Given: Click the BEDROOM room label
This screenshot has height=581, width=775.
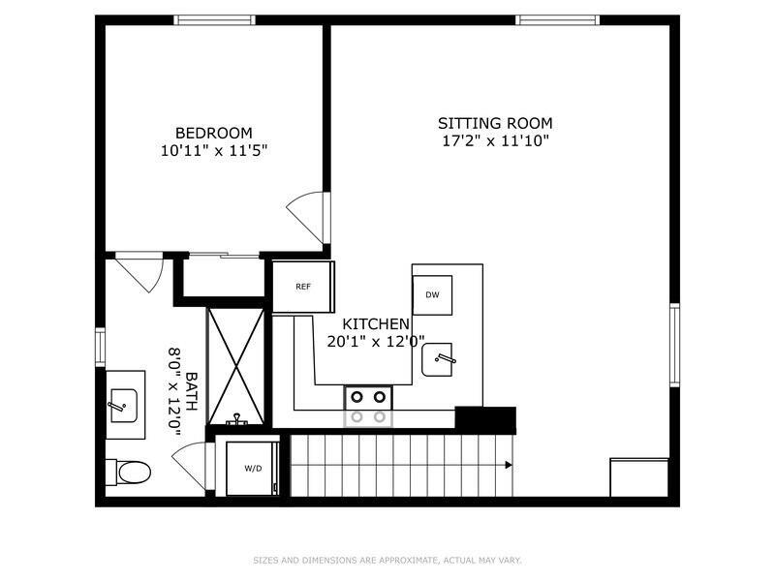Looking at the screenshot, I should (x=213, y=133).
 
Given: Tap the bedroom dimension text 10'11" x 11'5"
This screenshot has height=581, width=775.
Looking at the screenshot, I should (x=213, y=151).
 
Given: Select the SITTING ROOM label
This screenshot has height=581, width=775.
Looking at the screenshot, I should (x=495, y=123).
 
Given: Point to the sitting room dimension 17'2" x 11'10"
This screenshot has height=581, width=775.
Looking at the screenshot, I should (x=495, y=141).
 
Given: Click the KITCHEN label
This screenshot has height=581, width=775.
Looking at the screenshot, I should (x=376, y=323).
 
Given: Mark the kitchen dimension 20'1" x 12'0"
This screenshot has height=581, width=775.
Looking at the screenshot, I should (x=376, y=341).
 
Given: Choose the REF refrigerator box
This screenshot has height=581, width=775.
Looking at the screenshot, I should (x=303, y=287).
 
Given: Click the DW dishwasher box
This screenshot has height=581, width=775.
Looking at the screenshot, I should (x=432, y=294).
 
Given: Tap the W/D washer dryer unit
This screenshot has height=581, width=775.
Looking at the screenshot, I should (x=253, y=469).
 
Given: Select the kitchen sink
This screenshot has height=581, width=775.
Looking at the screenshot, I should (x=444, y=359).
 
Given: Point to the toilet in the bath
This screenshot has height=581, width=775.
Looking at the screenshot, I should (x=130, y=472).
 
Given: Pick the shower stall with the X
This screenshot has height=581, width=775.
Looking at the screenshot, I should (x=236, y=366).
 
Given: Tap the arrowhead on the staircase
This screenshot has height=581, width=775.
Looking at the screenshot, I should (x=509, y=465).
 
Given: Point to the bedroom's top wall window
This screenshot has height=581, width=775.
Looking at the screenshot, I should (x=214, y=19).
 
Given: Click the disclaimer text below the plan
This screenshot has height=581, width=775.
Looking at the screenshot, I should (x=387, y=560).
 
